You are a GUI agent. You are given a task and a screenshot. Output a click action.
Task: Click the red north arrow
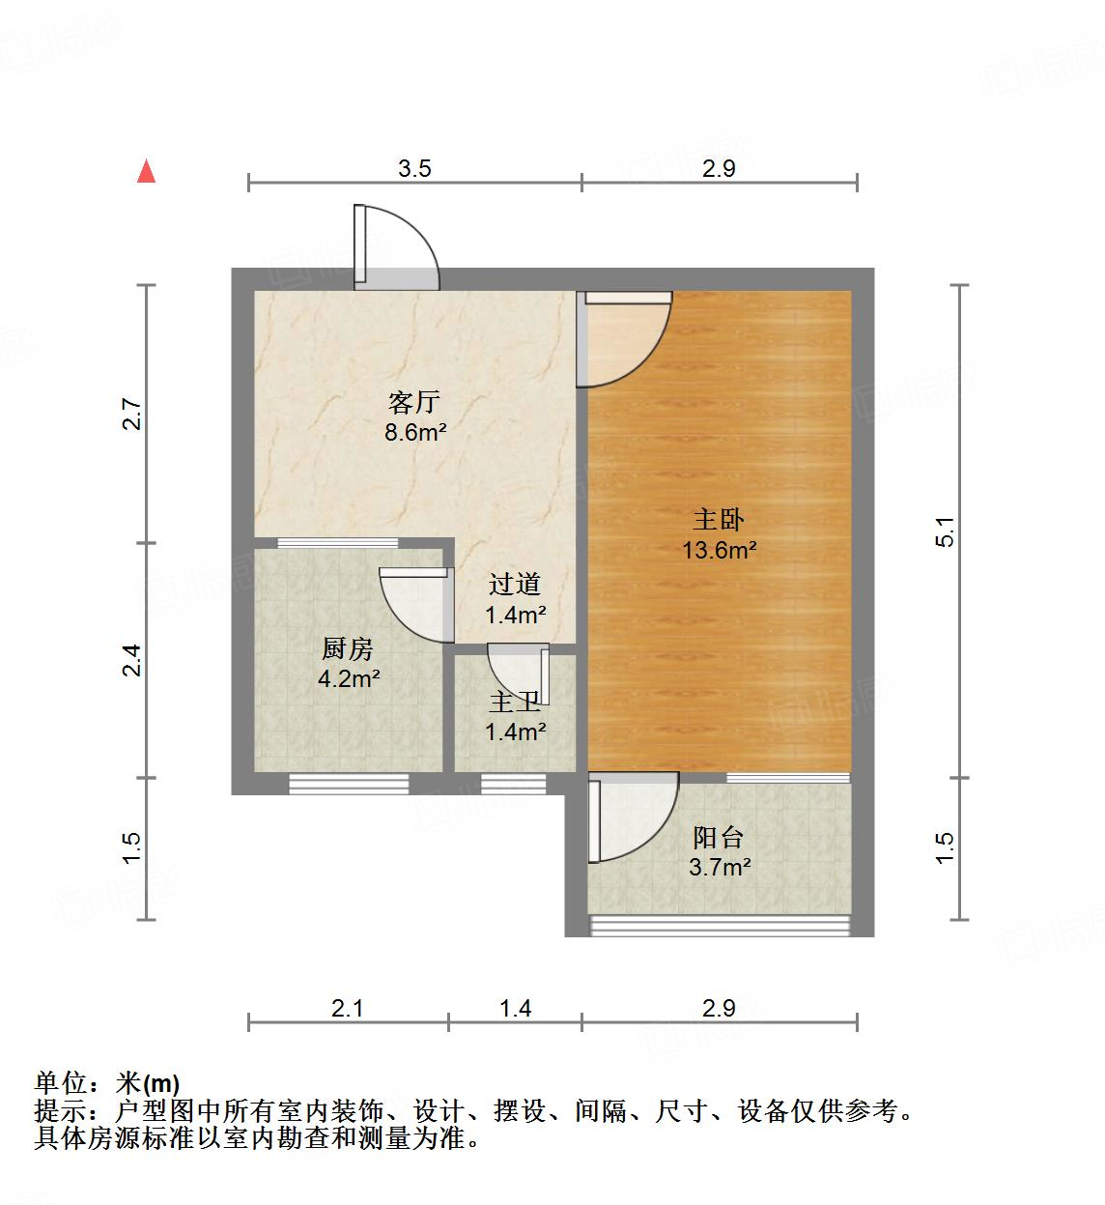click(146, 171)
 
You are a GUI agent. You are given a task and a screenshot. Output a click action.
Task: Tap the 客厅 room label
click(414, 402)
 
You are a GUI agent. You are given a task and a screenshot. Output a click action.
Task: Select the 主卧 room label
click(719, 520)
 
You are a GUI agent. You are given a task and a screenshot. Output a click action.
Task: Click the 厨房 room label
click(348, 648)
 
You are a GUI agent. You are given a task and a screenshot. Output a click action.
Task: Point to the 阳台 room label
click(719, 837)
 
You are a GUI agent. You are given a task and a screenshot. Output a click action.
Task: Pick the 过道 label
click(514, 584)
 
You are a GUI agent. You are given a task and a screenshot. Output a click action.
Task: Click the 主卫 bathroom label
click(514, 703)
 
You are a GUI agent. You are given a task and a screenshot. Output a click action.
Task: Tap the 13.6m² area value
click(719, 551)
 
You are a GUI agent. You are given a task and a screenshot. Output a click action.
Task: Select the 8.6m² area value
click(414, 433)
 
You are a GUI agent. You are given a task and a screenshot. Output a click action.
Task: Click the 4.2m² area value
click(348, 679)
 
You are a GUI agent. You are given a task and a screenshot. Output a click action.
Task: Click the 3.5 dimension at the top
click(414, 169)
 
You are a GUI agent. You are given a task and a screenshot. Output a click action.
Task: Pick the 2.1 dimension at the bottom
click(347, 1009)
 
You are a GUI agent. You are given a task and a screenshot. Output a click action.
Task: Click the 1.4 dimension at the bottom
click(515, 1009)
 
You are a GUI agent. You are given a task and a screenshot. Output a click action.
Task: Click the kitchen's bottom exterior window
click(348, 785)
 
